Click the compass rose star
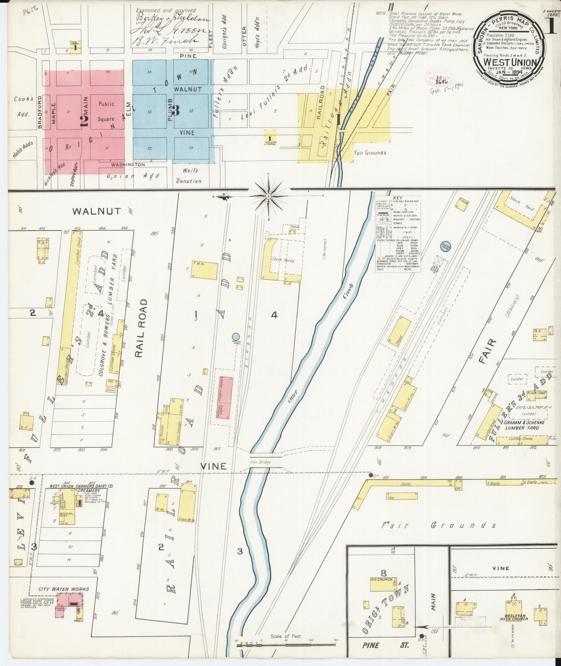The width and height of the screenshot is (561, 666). [269, 196]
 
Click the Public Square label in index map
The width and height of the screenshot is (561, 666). [106, 112]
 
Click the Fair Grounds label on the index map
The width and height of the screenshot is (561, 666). [370, 153]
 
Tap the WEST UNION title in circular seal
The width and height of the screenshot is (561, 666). [510, 62]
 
